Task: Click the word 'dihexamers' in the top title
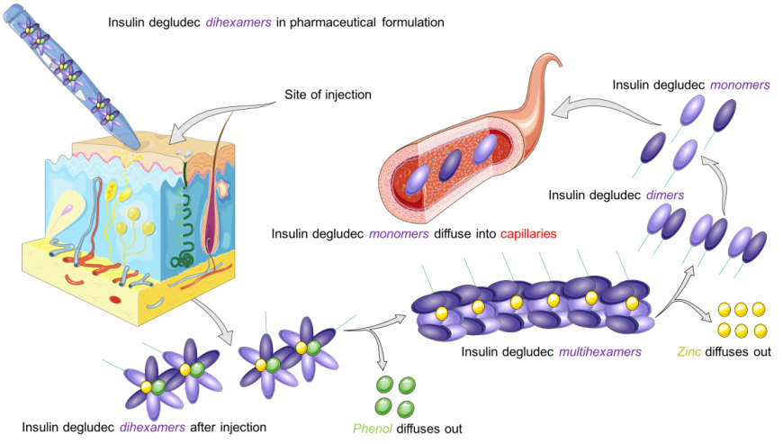[x=238, y=23]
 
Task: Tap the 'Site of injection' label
[x=328, y=95]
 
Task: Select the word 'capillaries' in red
[x=528, y=234]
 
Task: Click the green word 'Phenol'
[x=373, y=429]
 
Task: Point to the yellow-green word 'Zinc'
[x=689, y=351]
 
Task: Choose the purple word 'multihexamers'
[x=599, y=351]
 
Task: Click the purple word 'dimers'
[x=665, y=195]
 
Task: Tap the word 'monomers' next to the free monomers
[x=740, y=85]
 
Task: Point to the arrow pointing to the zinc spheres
[x=691, y=307]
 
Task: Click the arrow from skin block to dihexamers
[x=216, y=320]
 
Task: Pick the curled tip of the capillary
[x=552, y=62]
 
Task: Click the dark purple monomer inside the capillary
[x=450, y=165]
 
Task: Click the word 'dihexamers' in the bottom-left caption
[x=152, y=428]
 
